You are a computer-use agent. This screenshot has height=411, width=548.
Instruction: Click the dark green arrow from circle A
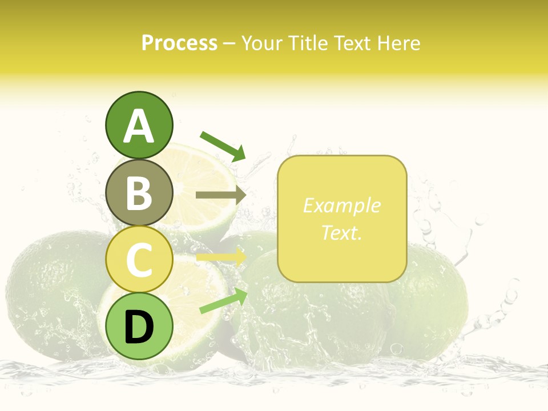223,146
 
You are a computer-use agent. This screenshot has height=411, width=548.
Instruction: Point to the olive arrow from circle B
220,195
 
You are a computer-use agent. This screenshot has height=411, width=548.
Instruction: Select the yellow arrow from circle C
220,257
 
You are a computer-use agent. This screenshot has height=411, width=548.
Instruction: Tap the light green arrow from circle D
223,301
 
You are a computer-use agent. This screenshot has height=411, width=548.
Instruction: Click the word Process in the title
179,43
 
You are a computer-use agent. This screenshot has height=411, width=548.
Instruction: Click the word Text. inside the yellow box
341,232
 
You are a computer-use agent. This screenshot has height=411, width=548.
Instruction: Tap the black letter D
139,327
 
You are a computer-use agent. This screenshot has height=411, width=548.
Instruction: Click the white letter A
139,126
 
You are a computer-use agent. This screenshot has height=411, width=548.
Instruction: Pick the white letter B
139,193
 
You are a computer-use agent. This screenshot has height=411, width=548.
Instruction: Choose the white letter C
139,260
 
